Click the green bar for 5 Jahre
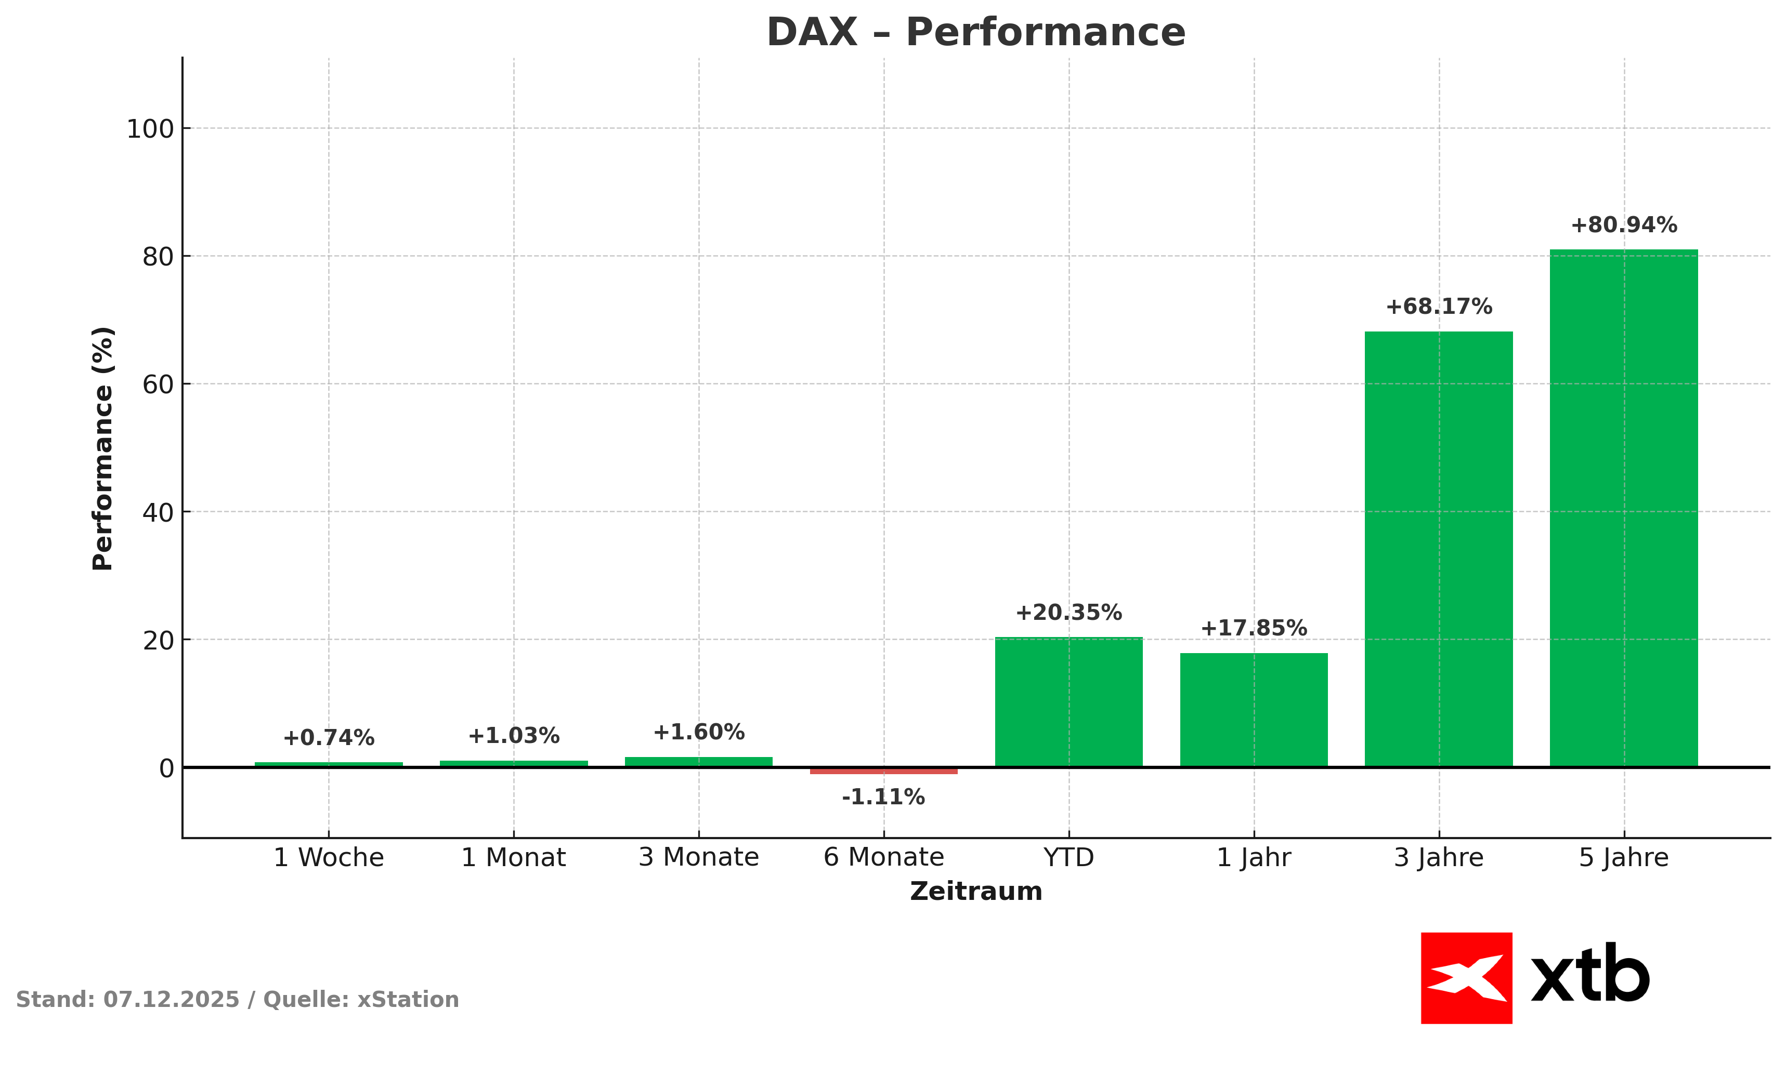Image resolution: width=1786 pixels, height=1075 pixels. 1624,507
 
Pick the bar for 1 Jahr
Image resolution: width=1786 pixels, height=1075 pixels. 1254,709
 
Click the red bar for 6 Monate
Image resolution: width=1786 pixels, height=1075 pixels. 883,771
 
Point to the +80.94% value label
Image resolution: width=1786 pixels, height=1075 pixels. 1624,225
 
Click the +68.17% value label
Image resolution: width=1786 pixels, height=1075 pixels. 1439,307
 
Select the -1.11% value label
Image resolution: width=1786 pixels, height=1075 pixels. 883,798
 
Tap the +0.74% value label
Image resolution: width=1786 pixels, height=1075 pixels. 329,738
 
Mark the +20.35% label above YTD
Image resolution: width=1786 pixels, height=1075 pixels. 1068,613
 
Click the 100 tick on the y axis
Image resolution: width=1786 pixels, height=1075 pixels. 151,130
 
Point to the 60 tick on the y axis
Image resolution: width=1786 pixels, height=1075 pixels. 158,384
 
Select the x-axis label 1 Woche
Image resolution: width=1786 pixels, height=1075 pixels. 329,858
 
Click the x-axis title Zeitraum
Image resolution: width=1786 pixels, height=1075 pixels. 975,891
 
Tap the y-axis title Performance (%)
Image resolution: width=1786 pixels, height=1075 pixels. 103,448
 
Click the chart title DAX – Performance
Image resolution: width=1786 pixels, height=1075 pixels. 975,33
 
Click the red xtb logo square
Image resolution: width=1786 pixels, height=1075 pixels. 1466,978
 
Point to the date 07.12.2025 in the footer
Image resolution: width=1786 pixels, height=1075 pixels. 171,1000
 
